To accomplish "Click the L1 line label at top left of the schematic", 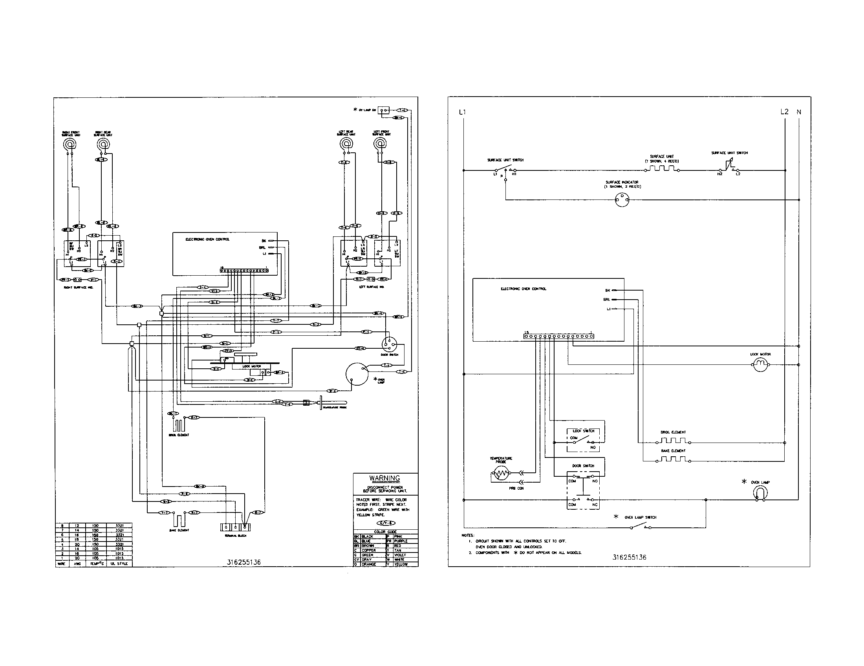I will click(x=462, y=112).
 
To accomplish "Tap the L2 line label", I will click(x=784, y=112).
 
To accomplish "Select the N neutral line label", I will click(x=799, y=112).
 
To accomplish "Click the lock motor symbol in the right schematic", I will click(x=760, y=365).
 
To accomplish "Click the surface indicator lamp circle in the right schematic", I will click(x=622, y=200).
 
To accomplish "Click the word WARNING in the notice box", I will click(x=384, y=478).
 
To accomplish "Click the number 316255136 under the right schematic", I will click(x=629, y=557).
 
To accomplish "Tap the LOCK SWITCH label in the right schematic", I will click(x=584, y=431).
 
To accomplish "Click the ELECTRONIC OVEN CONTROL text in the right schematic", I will click(x=524, y=289).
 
